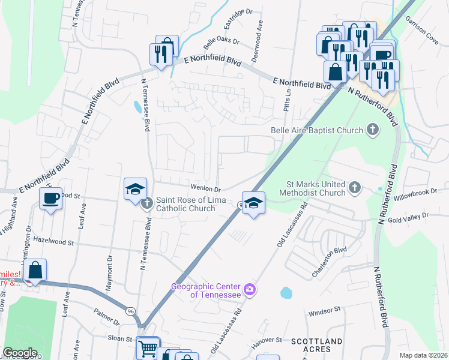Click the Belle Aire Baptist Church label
[x=317, y=130]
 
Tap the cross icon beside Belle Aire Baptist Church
[x=373, y=130]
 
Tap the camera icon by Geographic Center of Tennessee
[x=250, y=290]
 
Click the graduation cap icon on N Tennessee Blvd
[x=136, y=189]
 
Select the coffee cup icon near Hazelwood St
[x=51, y=198]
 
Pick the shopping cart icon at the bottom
[x=148, y=347]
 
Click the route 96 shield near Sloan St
[x=130, y=311]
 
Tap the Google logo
[x=20, y=353]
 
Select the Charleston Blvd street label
[x=329, y=263]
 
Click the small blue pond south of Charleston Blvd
[x=286, y=293]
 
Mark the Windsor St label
[x=324, y=311]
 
